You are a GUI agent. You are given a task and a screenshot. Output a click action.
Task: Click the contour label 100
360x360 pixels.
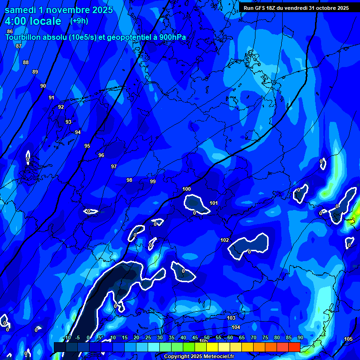coord(187,189)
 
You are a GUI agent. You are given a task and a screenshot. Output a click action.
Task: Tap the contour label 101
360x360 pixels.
coord(214,203)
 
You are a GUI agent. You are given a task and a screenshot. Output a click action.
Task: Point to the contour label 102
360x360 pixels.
coord(225,240)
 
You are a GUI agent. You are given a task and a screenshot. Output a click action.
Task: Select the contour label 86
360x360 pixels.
coord(10,31)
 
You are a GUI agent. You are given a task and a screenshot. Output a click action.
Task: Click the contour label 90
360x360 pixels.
coord(43,86)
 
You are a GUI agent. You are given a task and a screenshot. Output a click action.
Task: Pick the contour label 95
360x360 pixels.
coord(87,146)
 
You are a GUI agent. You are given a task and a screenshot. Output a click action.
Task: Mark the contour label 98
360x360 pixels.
coord(129,180)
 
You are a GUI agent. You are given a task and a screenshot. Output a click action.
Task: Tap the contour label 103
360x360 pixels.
coord(231,318)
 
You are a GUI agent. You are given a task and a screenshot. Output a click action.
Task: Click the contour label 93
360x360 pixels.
coord(68,122)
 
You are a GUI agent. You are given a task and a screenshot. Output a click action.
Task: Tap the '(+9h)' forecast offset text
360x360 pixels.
coord(79,21)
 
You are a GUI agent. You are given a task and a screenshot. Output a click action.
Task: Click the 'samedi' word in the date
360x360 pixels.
coord(21,10)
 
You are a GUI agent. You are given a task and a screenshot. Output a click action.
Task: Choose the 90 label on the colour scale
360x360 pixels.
coord(300,337)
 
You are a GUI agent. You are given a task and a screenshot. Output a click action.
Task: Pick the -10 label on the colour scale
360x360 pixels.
coord(66,337)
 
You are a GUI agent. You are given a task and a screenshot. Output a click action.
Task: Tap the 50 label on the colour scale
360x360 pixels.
coord(207,337)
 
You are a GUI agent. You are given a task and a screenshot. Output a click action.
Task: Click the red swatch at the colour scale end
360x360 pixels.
coord(294,347)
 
